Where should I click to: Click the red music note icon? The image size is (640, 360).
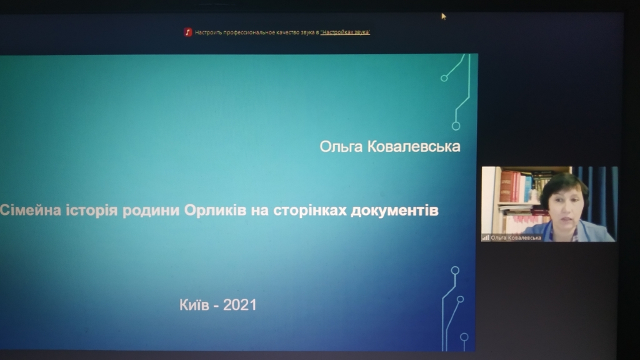click(187, 32)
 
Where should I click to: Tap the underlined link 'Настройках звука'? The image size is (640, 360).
click(345, 32)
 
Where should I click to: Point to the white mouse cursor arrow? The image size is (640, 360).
click(444, 16)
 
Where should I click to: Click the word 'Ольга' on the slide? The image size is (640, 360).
click(341, 146)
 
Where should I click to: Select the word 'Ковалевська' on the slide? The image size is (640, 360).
click(414, 146)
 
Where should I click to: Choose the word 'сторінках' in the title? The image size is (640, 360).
click(309, 211)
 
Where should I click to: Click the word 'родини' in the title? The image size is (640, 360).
click(151, 211)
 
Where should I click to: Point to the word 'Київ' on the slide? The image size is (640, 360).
click(194, 304)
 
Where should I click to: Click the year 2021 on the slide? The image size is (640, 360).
click(239, 305)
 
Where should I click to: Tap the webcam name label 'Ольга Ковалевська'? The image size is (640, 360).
click(516, 237)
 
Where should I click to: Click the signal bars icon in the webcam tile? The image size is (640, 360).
click(486, 237)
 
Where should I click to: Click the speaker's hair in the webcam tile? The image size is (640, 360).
click(565, 184)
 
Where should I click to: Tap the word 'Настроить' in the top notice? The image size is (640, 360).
click(208, 32)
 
